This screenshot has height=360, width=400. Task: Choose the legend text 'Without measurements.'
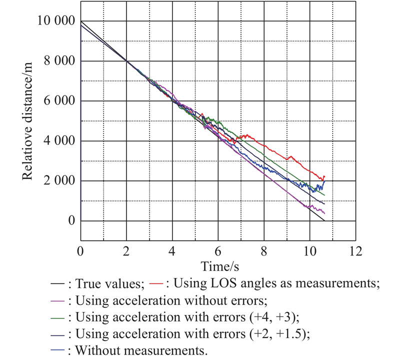141,350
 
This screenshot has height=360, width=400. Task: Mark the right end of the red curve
324,176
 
